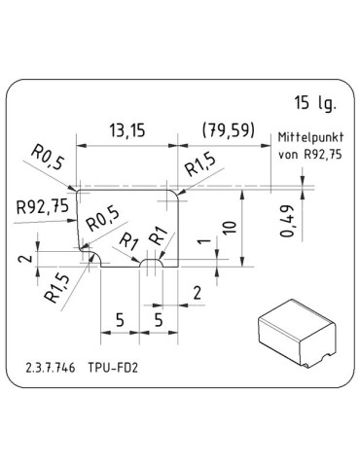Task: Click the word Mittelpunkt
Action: click(310, 137)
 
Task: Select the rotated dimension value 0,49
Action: click(285, 231)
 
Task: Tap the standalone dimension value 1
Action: click(202, 244)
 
